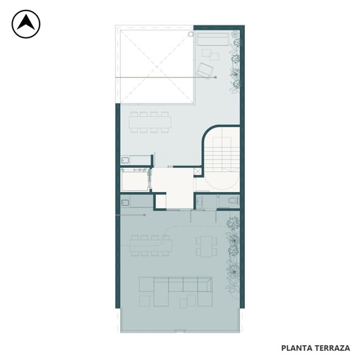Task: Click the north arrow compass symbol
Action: pyautogui.click(x=26, y=24)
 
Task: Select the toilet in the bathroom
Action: pyautogui.click(x=234, y=200)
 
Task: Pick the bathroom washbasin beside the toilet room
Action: pyautogui.click(x=200, y=201)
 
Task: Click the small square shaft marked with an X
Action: pyautogui.click(x=198, y=171)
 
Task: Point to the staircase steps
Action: pyautogui.click(x=222, y=154)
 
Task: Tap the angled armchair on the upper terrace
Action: pyautogui.click(x=205, y=70)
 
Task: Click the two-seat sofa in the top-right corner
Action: pyautogui.click(x=213, y=40)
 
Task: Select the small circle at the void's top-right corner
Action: pyautogui.click(x=191, y=34)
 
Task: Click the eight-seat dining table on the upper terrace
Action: pyautogui.click(x=150, y=122)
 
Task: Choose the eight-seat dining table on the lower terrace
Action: pyautogui.click(x=151, y=246)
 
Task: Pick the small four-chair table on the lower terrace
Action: pyautogui.click(x=206, y=246)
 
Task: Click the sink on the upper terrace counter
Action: pyautogui.click(x=125, y=160)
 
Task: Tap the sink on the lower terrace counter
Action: pyautogui.click(x=125, y=203)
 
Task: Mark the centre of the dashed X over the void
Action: pyautogui.click(x=157, y=66)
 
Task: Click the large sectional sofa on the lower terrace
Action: pyautogui.click(x=176, y=292)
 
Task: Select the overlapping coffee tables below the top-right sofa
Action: pyautogui.click(x=210, y=54)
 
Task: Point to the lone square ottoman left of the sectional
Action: pyautogui.click(x=145, y=301)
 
